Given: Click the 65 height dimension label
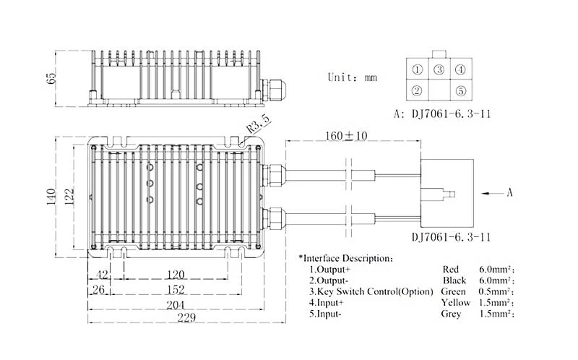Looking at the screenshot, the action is coord(52,77).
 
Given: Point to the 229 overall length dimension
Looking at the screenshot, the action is coord(187,317).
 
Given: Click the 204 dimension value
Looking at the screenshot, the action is coord(176,305).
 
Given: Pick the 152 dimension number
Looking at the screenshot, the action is coord(176,290).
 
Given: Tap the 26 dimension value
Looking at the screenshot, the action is coord(98,290).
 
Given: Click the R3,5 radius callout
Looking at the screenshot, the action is coord(259,124).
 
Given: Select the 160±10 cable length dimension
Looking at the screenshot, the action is coord(346,136).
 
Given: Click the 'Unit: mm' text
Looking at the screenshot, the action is coord(353,77).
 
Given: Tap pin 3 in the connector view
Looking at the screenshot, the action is coord(439,69).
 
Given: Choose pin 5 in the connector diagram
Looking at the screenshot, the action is coord(461,91).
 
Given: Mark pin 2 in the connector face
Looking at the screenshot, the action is coord(417,90).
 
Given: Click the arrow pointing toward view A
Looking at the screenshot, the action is coord(493,193).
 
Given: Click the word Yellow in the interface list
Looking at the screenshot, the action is coord(456,303).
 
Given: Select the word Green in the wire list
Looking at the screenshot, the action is coord(453,291).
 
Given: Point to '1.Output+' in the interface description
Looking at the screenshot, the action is coord(330,269).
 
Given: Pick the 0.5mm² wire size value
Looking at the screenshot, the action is coord(496,291).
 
